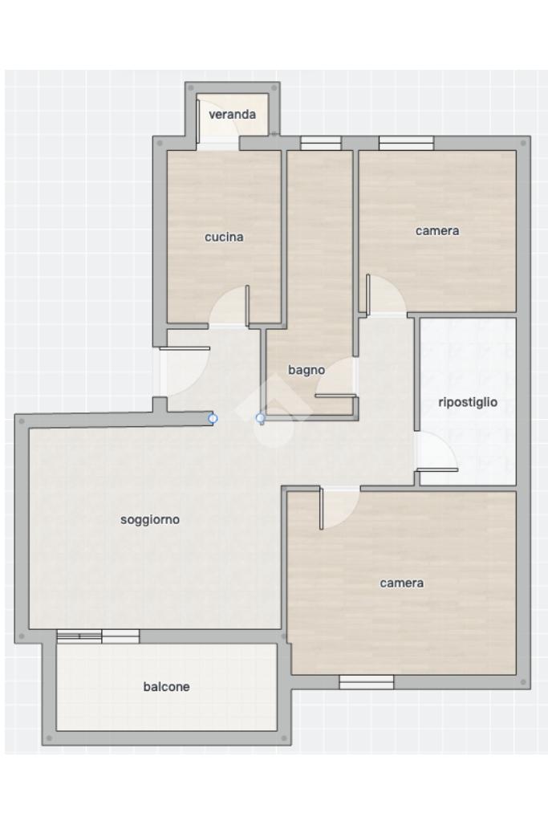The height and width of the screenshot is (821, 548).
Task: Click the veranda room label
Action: tap(232, 114)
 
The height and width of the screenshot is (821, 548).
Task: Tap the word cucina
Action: tap(224, 238)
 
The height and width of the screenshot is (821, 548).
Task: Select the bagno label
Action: tap(306, 370)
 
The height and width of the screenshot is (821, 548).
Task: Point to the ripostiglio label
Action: tap(468, 402)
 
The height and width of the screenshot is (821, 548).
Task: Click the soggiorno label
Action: tap(150, 519)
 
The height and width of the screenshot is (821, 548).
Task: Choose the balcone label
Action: tap(166, 686)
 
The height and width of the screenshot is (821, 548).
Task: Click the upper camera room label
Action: tap(437, 230)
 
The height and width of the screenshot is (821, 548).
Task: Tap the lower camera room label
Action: tap(401, 583)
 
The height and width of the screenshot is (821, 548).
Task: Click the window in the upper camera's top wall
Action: tap(406, 143)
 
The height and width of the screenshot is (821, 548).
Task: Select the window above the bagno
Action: tap(321, 143)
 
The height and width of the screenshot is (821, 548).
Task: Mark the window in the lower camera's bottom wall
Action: tap(367, 681)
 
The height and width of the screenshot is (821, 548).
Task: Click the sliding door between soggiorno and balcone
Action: tap(98, 636)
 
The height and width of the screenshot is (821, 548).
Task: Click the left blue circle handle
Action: tap(213, 418)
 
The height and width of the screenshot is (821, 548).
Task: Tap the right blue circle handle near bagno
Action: tap(260, 418)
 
